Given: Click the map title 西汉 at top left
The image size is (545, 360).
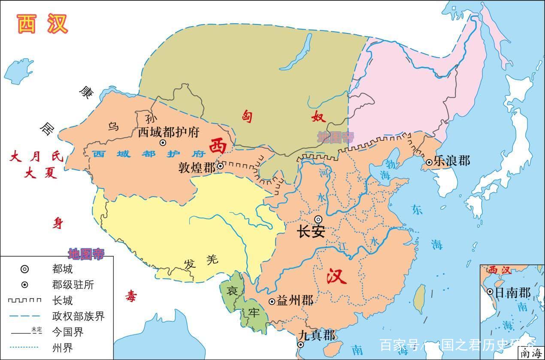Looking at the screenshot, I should click(42, 24).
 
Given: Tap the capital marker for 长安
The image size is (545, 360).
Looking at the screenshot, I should click(318, 219).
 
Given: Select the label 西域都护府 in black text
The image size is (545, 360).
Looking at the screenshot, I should click(169, 132).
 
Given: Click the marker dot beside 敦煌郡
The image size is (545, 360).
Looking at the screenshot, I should click(220, 166).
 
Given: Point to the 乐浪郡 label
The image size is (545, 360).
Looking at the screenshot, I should click(451, 161).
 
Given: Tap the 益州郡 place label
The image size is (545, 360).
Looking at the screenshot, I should click(295, 301).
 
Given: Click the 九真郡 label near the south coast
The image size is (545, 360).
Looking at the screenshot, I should click(317, 335).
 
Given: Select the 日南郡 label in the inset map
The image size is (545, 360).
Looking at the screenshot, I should click(513, 293).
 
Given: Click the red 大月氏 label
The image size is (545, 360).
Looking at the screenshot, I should click(36, 157).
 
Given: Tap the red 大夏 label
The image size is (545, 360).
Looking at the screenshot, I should click(41, 174).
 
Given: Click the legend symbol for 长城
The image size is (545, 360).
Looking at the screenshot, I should click(25, 300).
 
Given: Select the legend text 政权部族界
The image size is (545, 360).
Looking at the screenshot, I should click(79, 316).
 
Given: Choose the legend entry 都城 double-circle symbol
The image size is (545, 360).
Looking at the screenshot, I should click(25, 269).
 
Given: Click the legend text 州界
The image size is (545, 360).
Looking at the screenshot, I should click(62, 347).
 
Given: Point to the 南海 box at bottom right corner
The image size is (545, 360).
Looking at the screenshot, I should click(530, 354).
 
